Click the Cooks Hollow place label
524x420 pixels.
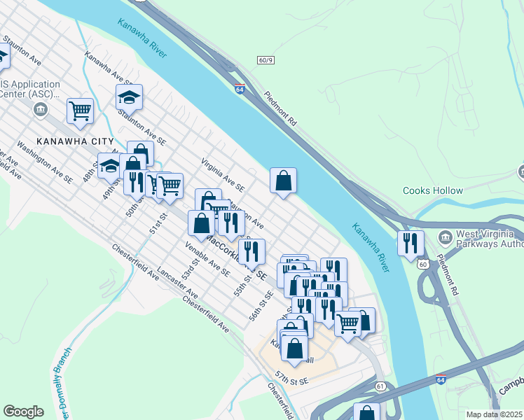(x=433, y=190)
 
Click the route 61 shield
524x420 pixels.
(x=380, y=386)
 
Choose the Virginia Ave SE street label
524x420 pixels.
(x=222, y=174)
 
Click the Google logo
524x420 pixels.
(x=23, y=412)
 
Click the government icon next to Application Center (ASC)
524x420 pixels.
(x=40, y=109)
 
